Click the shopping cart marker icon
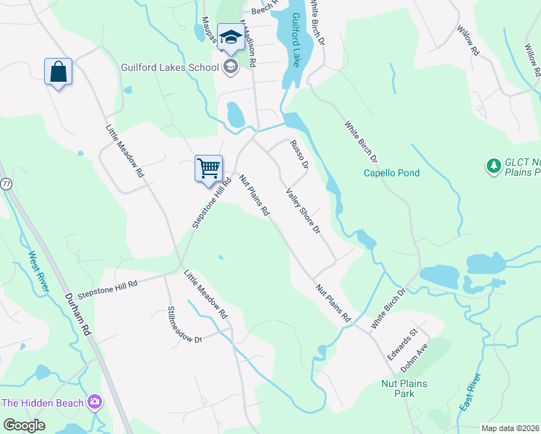point(208,169)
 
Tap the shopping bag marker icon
point(58,72)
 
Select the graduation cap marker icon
point(231,38)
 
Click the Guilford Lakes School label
point(169,68)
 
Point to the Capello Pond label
point(391,173)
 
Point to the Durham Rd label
point(77,313)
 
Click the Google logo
point(25,425)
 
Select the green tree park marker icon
point(494,166)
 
